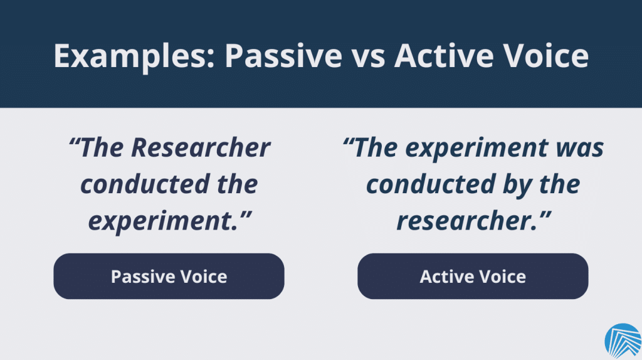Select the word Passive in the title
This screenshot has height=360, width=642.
coord(283,55)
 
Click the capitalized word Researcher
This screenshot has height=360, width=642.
coord(200,147)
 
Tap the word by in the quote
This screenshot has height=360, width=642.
coord(517,185)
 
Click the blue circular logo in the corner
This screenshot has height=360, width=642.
coord(623,341)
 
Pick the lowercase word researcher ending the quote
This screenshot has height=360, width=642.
coord(466,221)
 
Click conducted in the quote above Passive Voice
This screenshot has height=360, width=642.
coord(145,184)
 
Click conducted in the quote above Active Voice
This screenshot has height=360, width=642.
coord(431,184)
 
